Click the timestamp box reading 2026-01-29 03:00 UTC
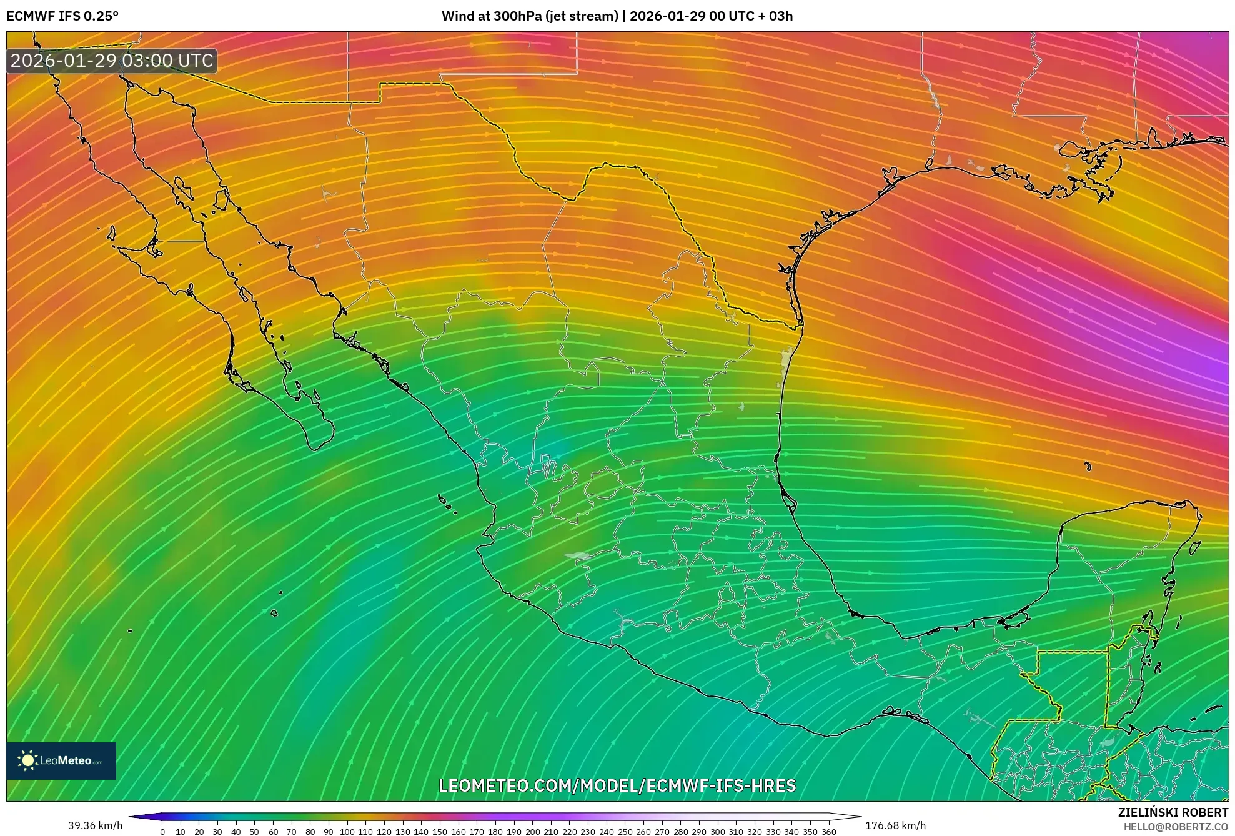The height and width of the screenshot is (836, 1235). [x=112, y=61]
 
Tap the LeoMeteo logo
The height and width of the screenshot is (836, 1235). [x=61, y=760]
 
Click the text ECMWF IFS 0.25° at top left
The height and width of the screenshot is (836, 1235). [x=62, y=16]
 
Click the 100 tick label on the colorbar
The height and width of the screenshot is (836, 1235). [x=347, y=832]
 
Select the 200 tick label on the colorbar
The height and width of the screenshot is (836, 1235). [x=532, y=832]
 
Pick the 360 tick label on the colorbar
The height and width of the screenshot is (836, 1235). [x=828, y=832]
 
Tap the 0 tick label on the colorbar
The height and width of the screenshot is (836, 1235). [x=162, y=832]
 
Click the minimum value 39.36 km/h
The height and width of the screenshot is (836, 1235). [x=96, y=825]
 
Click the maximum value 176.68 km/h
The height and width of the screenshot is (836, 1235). [x=895, y=825]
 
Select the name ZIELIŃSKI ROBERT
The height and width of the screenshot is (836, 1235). [x=1173, y=812]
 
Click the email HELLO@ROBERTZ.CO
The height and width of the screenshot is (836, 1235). [x=1176, y=827]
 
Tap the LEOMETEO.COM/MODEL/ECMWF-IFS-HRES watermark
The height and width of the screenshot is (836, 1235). [x=617, y=785]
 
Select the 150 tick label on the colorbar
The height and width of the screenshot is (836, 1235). [x=439, y=832]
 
